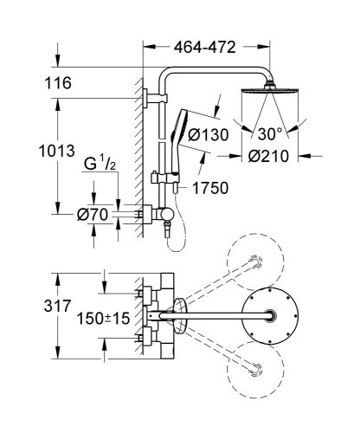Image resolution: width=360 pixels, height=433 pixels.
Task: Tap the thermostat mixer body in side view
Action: click(157, 212)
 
